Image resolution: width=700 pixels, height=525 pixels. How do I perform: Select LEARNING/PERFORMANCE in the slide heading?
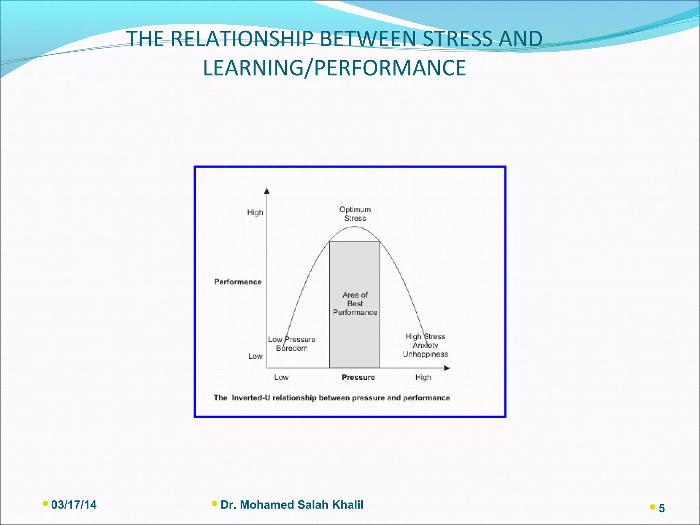(x=334, y=68)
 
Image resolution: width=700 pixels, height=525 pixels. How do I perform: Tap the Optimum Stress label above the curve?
(x=355, y=214)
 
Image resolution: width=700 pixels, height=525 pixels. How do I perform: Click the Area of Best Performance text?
(x=355, y=304)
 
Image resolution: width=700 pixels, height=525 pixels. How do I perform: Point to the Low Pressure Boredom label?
(x=292, y=344)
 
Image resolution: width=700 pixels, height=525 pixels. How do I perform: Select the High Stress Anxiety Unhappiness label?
(x=425, y=345)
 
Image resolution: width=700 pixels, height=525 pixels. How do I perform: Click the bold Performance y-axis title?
(x=238, y=282)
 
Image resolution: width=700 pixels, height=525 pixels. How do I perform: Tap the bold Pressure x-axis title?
(x=358, y=377)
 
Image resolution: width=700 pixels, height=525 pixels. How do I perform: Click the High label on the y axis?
(x=255, y=212)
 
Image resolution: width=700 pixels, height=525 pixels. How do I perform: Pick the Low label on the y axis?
(x=255, y=356)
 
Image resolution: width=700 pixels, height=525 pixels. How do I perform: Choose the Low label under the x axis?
(x=281, y=377)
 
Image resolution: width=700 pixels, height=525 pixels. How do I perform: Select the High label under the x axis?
(x=423, y=377)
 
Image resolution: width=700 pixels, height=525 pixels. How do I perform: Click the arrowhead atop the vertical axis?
(x=267, y=191)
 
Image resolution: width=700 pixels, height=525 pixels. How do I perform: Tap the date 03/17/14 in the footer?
(x=74, y=505)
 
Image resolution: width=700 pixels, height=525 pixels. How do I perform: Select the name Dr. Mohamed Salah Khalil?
(x=292, y=505)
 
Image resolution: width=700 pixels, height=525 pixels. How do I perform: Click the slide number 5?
(x=661, y=509)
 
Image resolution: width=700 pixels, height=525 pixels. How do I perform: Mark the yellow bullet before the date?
(x=45, y=503)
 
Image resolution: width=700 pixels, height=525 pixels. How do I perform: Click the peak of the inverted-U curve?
(x=355, y=227)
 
